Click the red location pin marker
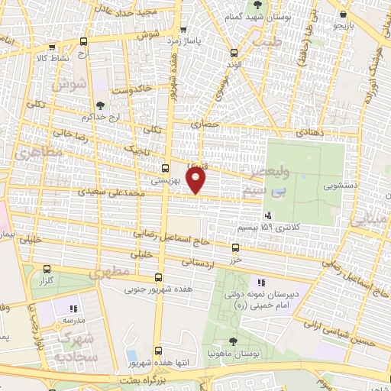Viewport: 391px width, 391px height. pos(197,180)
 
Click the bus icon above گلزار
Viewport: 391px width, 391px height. pos(48,269)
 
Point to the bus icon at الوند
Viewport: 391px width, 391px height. pos(234,53)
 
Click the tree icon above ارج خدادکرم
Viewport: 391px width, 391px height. pos(101,105)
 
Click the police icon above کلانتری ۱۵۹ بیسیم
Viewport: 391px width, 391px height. pos(267,216)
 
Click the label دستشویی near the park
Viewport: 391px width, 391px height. pos(338,185)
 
